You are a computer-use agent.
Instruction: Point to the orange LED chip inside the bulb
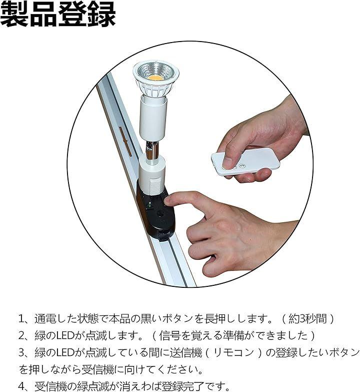coord(155,77)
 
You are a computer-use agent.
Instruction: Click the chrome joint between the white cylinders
coord(152,150)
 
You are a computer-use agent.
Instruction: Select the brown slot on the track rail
coord(125,142)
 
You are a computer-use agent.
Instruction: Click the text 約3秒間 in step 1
coord(307,319)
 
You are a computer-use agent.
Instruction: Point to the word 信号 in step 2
coord(169,335)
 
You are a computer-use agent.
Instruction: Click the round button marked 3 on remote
coord(241,166)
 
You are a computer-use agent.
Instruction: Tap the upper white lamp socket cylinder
coord(153,118)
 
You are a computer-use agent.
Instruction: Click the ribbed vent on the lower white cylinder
coord(154,187)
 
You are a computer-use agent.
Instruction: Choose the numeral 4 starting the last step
coord(21,386)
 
